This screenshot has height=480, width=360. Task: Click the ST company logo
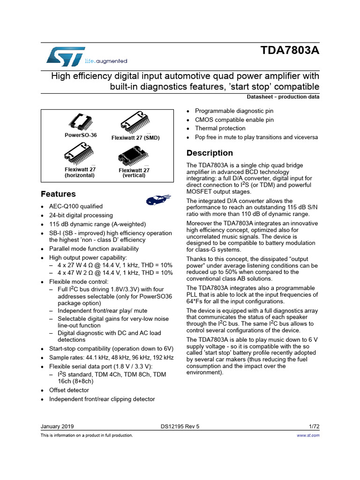(x=66, y=56)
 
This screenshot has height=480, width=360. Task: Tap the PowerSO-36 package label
(x=80, y=135)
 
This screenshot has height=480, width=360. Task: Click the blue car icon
(x=155, y=200)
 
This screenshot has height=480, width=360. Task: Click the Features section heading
(x=58, y=194)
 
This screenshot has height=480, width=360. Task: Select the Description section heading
(x=210, y=153)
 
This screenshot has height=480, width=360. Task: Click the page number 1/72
(x=314, y=427)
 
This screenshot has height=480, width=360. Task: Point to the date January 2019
(x=57, y=427)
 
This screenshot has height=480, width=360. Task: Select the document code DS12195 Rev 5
(x=180, y=427)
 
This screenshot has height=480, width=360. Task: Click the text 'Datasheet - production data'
(x=283, y=97)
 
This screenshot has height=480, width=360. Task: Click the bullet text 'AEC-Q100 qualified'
(x=76, y=206)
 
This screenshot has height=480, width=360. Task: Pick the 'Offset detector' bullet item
(x=69, y=390)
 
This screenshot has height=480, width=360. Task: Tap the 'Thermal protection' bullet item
(x=220, y=128)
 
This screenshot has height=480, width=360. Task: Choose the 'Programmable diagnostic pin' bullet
(x=234, y=111)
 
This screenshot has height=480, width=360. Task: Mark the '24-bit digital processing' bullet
(x=81, y=215)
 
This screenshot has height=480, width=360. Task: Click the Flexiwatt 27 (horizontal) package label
(x=80, y=172)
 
